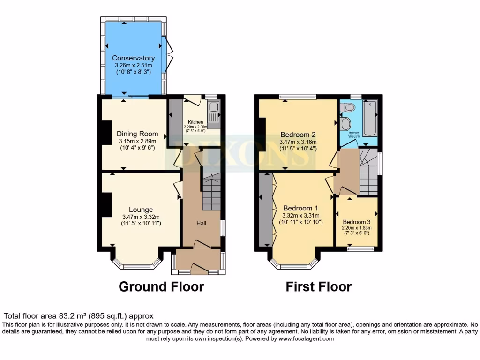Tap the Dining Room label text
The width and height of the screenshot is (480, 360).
(x=137, y=134)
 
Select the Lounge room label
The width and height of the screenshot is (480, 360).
(x=141, y=210)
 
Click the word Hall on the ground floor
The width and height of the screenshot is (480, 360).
(x=201, y=224)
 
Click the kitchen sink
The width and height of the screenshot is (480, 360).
(x=213, y=115)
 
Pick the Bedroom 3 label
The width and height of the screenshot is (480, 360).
(x=356, y=222)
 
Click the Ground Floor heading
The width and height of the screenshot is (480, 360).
(x=161, y=286)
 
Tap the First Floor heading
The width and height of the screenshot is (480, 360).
(x=319, y=286)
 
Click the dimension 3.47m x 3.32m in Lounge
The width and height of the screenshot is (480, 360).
(x=141, y=217)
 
